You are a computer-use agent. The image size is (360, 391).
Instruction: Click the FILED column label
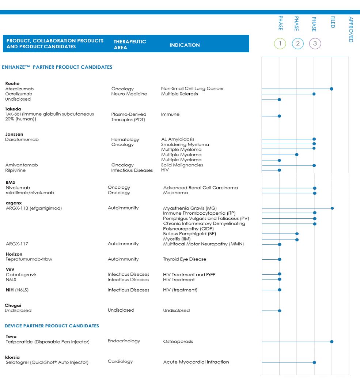[333, 22]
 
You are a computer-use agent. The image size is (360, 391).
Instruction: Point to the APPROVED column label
[351, 30]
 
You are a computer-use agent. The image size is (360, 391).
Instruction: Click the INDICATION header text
[185, 45]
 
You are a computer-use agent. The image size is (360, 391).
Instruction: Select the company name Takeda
[13, 109]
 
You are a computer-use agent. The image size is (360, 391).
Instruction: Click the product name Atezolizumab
[19, 89]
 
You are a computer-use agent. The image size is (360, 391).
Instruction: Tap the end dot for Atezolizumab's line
[331, 89]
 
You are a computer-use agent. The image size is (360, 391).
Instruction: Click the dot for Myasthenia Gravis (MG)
[332, 208]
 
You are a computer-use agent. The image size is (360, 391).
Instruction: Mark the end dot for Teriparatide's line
[332, 342]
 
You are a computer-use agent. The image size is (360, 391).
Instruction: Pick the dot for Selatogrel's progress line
[314, 362]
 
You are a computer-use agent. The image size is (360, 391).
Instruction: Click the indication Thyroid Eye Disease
[185, 259]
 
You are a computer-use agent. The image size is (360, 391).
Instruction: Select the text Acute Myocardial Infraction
[196, 362]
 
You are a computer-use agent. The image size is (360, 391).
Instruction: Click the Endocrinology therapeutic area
[124, 341]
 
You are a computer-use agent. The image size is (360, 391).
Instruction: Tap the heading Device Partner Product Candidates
[52, 326]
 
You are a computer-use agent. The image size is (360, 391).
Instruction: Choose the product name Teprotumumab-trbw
[29, 259]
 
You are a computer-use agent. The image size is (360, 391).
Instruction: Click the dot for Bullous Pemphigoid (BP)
[297, 234]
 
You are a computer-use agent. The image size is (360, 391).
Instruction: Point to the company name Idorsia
[12, 357]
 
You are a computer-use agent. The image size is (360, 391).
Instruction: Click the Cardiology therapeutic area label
[120, 361]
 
